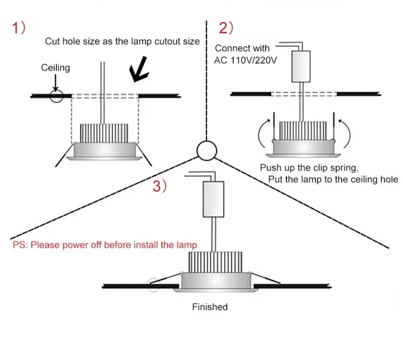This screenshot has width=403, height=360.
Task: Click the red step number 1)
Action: tap(19, 28)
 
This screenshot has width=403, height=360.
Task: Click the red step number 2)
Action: tap(226, 28)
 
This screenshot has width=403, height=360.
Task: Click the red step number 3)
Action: tap(159, 187)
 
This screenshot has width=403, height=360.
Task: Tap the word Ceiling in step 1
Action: tap(55, 68)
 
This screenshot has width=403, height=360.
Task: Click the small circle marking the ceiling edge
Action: tap(56, 96)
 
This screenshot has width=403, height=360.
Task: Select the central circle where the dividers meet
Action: tap(207, 150)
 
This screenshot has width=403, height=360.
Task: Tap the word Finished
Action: tap(210, 307)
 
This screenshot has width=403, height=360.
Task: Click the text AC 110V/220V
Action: tap(245, 59)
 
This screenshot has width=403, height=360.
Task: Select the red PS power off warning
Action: tap(105, 245)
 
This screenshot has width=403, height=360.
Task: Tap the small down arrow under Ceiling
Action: tap(55, 82)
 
